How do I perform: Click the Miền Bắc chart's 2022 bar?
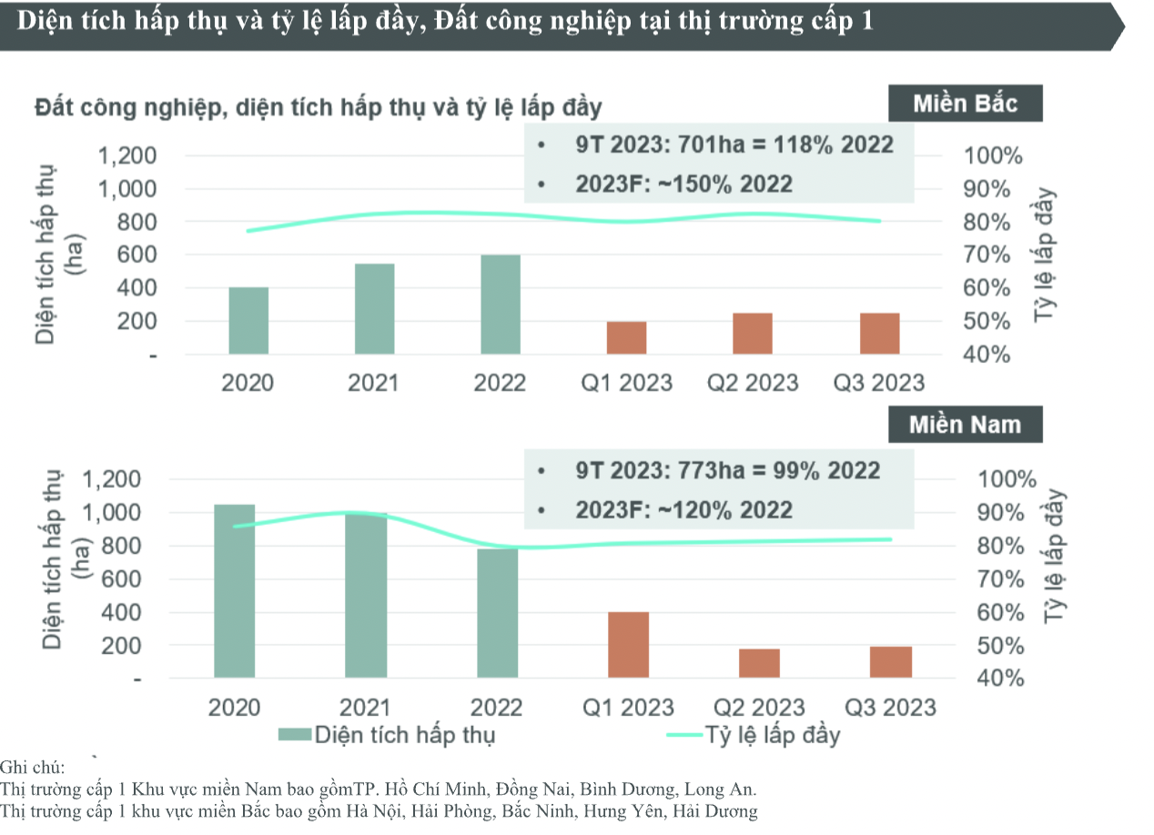coord(501,305)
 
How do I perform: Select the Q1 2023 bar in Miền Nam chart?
coord(628,645)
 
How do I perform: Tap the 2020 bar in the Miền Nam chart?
coord(234,590)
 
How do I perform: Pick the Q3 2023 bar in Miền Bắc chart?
coord(879,334)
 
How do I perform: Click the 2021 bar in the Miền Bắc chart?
coord(374,309)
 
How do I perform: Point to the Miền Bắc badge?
coord(965,104)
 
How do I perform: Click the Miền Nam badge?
coord(965,425)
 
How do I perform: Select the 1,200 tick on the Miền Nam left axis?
coord(110,479)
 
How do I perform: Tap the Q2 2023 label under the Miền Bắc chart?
coord(753,383)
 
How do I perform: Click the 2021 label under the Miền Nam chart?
coord(365,708)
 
